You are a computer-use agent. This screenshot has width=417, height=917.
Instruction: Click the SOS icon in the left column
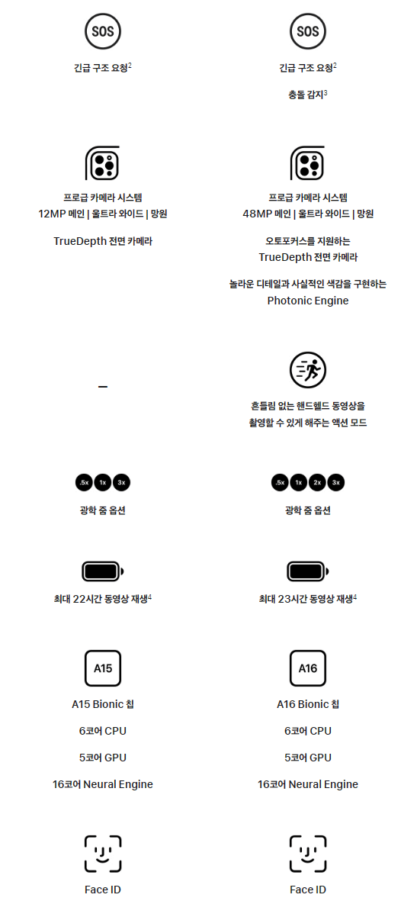click(x=103, y=31)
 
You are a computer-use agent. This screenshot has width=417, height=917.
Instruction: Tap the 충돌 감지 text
click(x=307, y=95)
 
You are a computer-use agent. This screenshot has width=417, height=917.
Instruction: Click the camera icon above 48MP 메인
click(x=307, y=163)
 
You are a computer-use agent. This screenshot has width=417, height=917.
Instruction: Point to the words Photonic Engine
click(x=308, y=301)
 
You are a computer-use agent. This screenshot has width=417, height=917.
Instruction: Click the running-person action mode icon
click(x=308, y=370)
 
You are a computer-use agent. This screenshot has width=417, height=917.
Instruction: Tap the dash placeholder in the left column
click(x=103, y=387)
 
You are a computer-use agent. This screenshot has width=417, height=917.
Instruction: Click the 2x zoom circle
click(x=317, y=482)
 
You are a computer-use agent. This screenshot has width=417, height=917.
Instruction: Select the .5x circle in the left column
click(x=84, y=482)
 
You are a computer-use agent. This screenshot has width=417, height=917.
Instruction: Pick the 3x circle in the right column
click(x=336, y=482)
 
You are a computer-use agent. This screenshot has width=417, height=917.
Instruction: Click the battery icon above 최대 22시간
click(x=103, y=571)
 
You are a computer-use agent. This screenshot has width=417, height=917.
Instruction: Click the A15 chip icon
click(x=103, y=668)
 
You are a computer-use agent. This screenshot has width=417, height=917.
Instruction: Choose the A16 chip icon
click(x=308, y=668)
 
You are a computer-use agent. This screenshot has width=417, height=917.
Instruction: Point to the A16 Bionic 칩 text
click(x=308, y=704)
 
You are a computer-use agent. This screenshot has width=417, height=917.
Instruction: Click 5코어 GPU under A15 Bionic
click(x=103, y=758)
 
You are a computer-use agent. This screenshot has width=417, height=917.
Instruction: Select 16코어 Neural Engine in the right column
click(x=308, y=784)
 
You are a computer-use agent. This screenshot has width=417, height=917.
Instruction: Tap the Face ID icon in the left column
click(x=103, y=854)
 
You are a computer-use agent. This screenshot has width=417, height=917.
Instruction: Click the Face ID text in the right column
click(x=308, y=890)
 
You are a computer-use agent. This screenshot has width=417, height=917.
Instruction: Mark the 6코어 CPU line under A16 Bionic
click(x=308, y=731)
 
